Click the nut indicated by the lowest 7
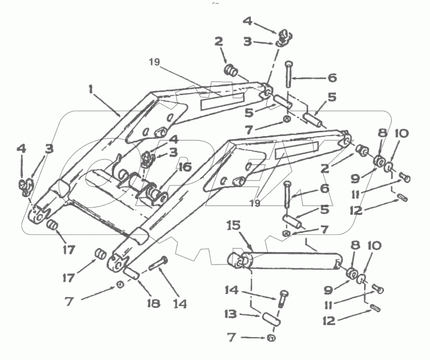click(x=270, y=339)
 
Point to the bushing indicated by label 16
click(x=156, y=194)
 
